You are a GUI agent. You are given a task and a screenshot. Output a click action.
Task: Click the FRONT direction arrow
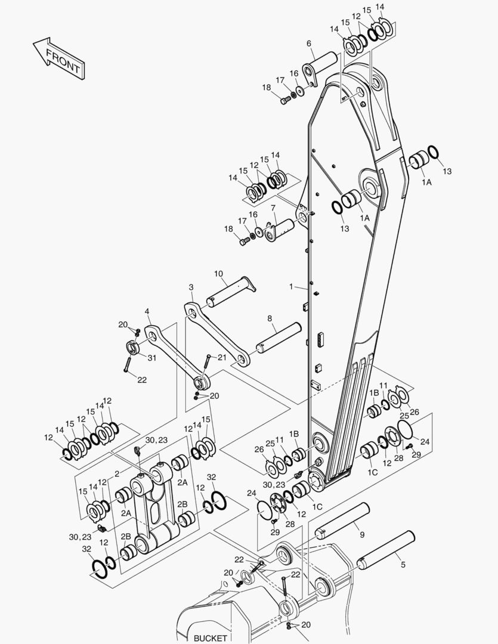point(58,60)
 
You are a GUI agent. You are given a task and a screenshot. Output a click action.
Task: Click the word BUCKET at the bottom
point(210,638)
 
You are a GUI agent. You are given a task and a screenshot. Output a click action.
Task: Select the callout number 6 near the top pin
point(309,44)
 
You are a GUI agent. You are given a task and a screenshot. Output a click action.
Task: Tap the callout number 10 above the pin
point(219,274)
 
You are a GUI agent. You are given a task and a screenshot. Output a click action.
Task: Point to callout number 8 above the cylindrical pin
point(270,319)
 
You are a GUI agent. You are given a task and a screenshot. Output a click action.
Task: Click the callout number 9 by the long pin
point(361,535)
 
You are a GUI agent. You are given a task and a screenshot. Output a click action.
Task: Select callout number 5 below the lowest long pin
point(403,564)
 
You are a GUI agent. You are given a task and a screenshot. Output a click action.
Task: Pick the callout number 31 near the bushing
point(152,358)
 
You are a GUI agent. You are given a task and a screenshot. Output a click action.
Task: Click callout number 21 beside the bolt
point(221,357)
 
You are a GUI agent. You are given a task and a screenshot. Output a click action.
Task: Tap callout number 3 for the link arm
point(191,287)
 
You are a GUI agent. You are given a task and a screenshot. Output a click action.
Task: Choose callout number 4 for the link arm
point(147,311)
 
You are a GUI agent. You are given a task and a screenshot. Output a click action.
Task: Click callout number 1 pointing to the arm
point(292,287)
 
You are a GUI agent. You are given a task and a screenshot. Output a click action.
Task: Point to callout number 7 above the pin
point(273,208)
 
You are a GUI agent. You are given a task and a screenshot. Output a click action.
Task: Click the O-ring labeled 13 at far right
point(433,153)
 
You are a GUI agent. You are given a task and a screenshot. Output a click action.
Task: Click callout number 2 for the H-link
point(117,473)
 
